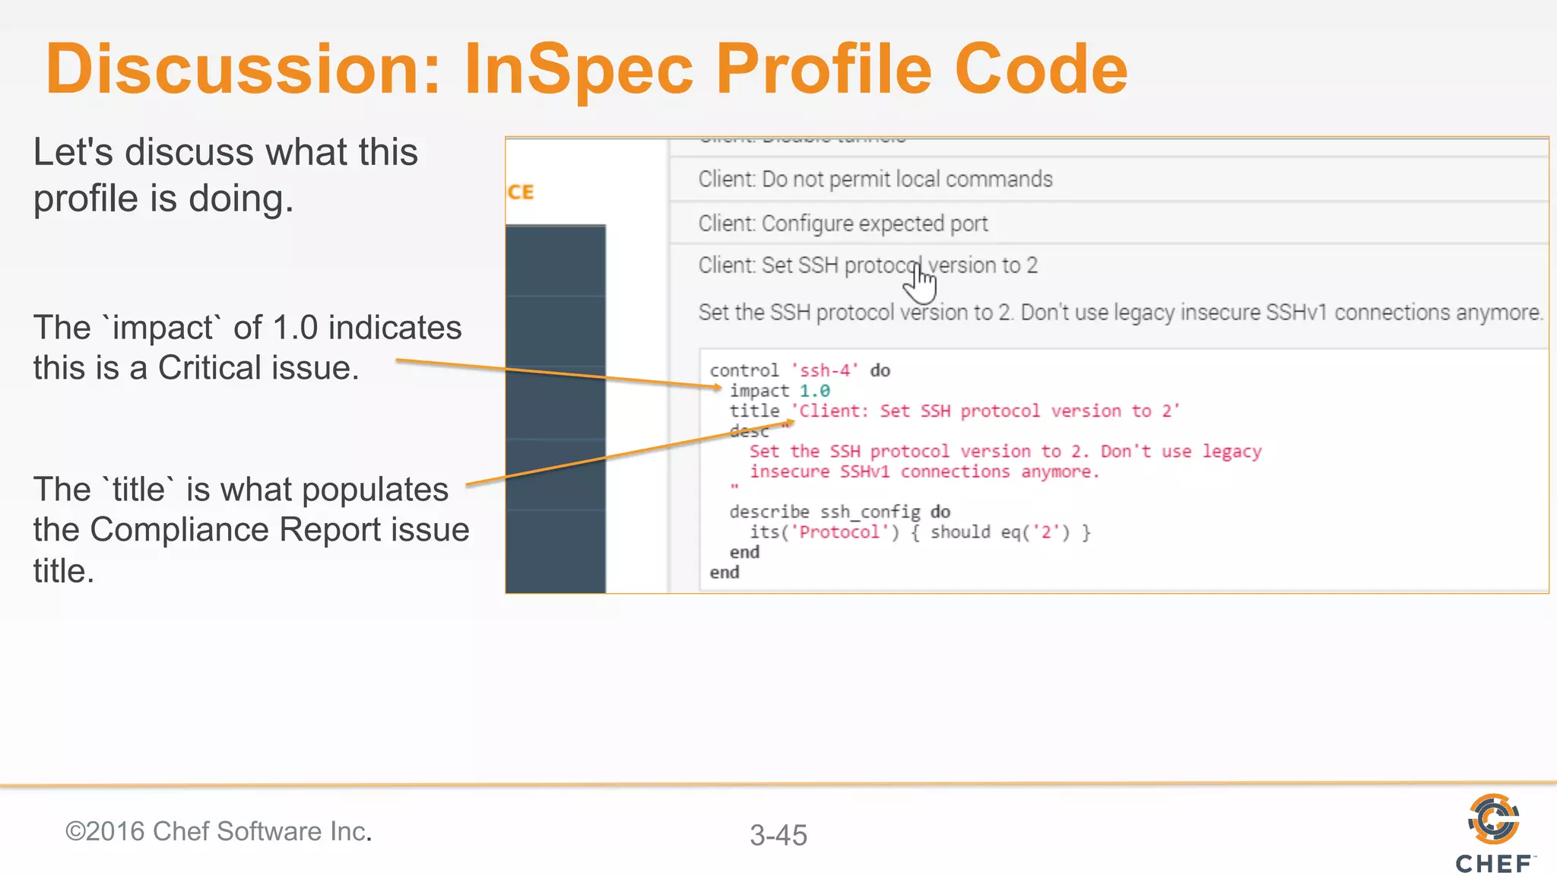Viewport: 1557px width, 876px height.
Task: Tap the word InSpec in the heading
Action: coord(578,70)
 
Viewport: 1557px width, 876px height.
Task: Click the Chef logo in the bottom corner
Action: coord(1494,833)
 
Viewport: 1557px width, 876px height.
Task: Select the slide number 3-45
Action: coord(778,835)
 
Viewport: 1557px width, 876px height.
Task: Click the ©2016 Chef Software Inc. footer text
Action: coord(218,831)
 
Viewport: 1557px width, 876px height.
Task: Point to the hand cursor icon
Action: coord(920,283)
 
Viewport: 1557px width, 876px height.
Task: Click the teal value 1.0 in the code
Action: coord(814,391)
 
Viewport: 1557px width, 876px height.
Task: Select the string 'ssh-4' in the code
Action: coord(825,370)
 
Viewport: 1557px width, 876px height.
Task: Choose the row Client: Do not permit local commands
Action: coord(875,179)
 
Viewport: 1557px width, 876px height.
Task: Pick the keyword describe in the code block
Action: coord(769,512)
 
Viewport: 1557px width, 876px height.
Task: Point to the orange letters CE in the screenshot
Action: coord(521,192)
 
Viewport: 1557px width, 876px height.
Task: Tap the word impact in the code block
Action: coord(759,391)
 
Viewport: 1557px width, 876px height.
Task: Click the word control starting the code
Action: coord(744,370)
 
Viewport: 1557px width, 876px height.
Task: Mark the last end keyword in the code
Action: coord(725,573)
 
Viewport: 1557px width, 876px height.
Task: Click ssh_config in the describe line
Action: coord(870,512)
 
